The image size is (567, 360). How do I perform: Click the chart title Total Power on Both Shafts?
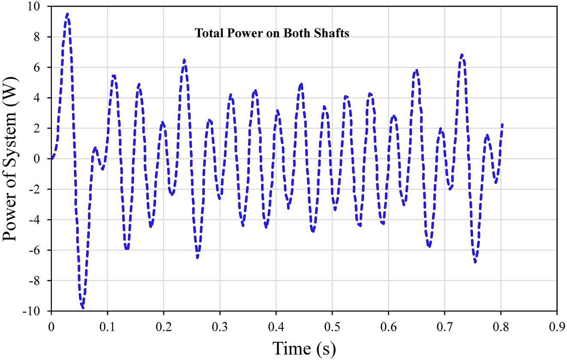[272, 34]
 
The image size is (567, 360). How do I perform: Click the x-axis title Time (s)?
[304, 348]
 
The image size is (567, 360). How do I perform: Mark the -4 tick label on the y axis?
[41, 220]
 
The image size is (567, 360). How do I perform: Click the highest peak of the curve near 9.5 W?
[67, 14]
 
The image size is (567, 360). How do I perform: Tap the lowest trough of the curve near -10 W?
[83, 307]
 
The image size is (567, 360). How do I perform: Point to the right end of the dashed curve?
[502, 124]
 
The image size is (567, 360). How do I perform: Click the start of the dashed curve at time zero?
[51, 159]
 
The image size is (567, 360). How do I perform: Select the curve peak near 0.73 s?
[462, 55]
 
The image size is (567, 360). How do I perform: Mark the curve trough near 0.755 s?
[475, 262]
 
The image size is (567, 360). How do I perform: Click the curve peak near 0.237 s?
[184, 60]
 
